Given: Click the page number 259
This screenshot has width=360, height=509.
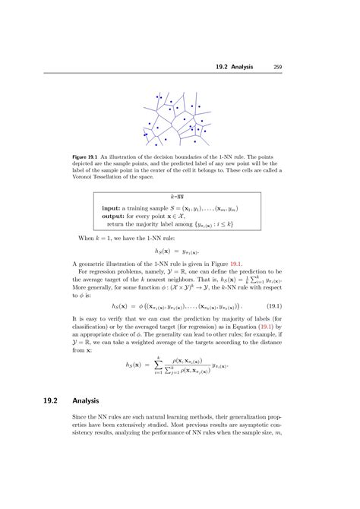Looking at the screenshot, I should pyautogui.click(x=279, y=66).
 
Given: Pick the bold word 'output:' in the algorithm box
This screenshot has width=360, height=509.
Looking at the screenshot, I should pyautogui.click(x=113, y=216).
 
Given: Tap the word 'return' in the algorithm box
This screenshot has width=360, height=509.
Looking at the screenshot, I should pyautogui.click(x=116, y=224).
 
